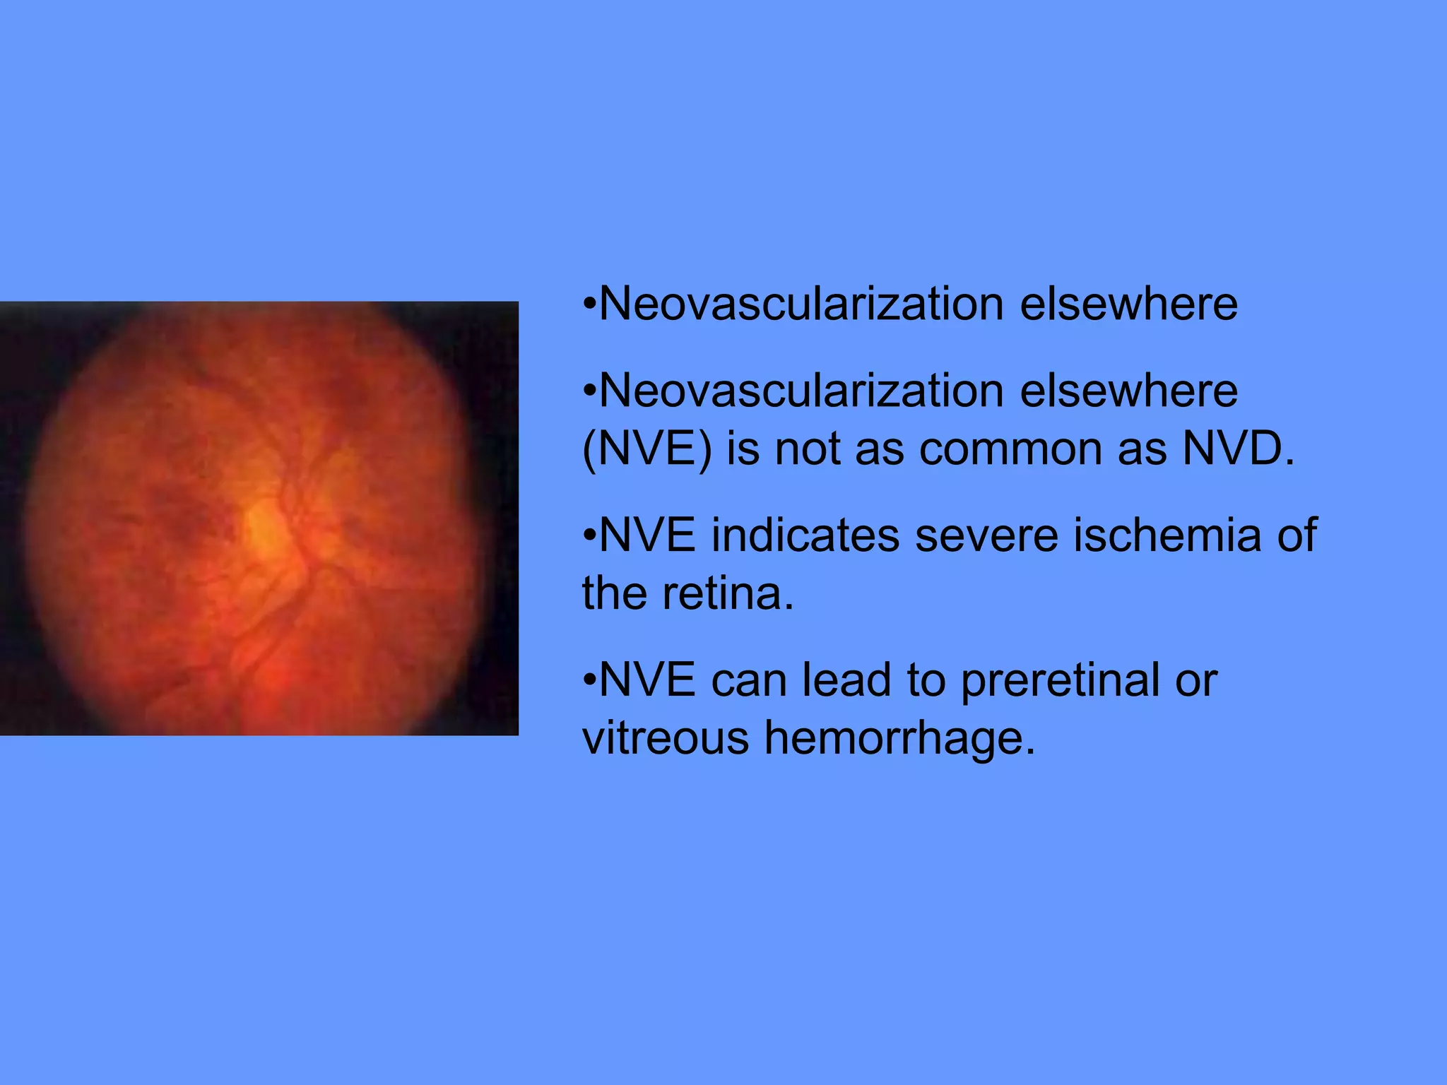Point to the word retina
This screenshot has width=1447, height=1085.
[727, 593]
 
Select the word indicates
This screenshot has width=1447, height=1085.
[805, 535]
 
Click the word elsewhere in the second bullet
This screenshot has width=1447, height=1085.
[1128, 391]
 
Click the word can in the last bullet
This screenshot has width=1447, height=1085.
[748, 681]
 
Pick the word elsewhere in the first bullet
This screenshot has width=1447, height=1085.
[1128, 305]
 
